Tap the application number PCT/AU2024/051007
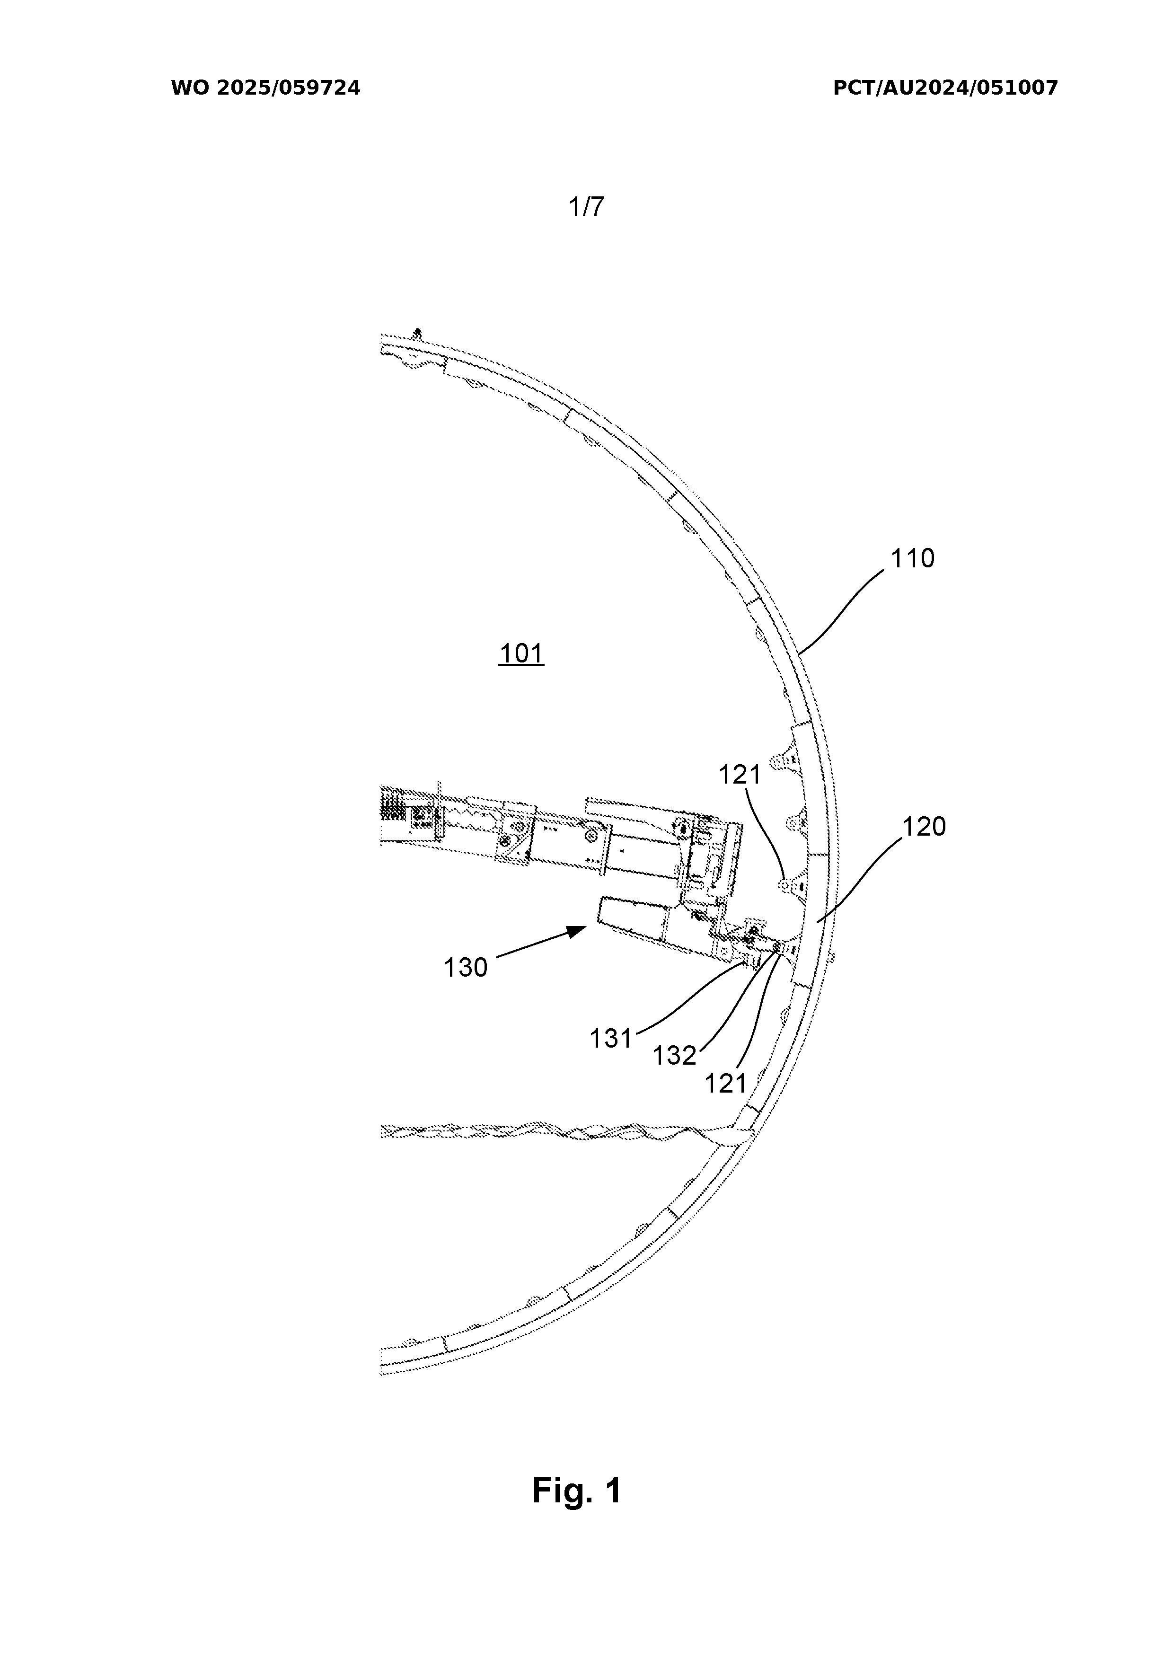pyautogui.click(x=945, y=88)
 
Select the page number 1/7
pyautogui.click(x=586, y=207)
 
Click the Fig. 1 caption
pyautogui.click(x=577, y=1491)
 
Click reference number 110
pyautogui.click(x=913, y=558)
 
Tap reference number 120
pyautogui.click(x=924, y=827)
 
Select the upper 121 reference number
pyautogui.click(x=740, y=775)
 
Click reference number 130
pyautogui.click(x=465, y=967)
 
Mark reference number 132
pyautogui.click(x=674, y=1056)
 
